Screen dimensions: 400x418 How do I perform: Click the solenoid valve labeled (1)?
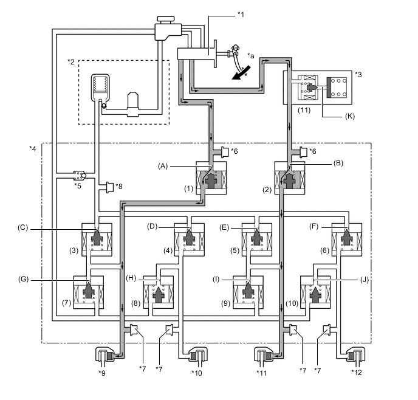click(x=211, y=178)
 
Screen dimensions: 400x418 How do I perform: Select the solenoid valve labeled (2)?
click(x=290, y=179)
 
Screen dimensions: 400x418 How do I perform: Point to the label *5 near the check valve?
click(x=78, y=185)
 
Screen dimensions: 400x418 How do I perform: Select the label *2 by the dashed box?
click(x=71, y=62)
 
